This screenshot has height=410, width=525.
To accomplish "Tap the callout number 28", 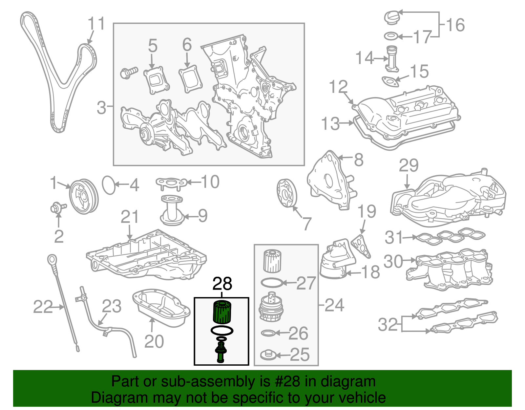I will pyautogui.click(x=222, y=284).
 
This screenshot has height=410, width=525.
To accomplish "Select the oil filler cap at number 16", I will pyautogui.click(x=392, y=17).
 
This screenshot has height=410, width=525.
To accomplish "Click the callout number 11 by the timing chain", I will pyautogui.click(x=96, y=24).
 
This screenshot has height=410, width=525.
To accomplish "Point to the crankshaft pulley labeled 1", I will pyautogui.click(x=84, y=196).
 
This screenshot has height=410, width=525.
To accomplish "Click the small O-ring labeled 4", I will pyautogui.click(x=109, y=185).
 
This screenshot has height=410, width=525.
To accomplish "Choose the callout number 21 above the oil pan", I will pyautogui.click(x=130, y=217).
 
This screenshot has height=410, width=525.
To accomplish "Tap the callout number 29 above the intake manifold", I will pyautogui.click(x=409, y=165).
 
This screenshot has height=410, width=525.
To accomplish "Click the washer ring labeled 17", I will pyautogui.click(x=391, y=36).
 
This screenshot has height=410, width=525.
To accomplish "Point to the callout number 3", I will pyautogui.click(x=101, y=107).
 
